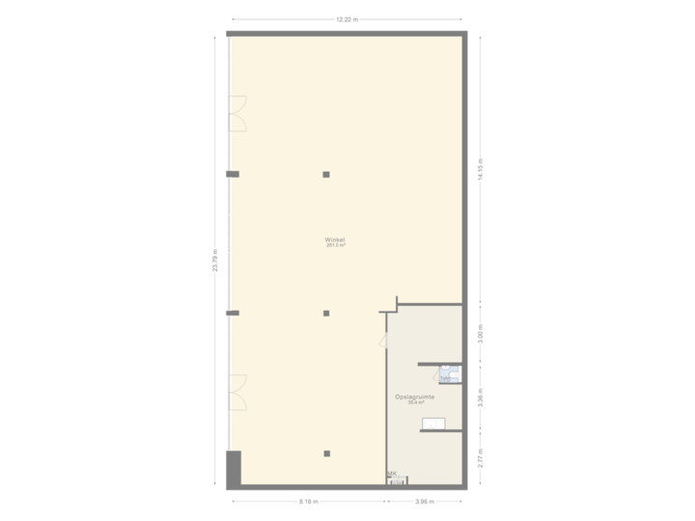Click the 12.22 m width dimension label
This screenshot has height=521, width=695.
point(347,19)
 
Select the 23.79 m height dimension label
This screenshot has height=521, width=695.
point(216,260)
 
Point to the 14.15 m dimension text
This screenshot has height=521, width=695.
point(480,169)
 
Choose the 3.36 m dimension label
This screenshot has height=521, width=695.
point(480,398)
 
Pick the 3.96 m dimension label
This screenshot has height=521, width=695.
point(426,502)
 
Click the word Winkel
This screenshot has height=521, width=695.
point(336,239)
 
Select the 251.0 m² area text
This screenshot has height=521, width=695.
point(336,245)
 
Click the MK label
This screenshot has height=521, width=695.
point(392,473)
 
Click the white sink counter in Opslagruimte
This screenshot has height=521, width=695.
point(434,421)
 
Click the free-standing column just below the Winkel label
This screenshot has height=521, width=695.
point(327,314)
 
